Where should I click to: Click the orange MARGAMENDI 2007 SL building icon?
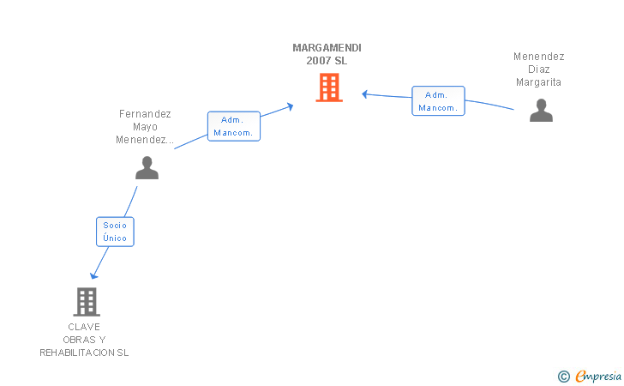329,87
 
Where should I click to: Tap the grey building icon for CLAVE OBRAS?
86,302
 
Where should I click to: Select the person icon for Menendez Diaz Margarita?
541,111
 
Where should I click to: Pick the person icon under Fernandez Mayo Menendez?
147,168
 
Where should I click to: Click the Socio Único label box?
115,231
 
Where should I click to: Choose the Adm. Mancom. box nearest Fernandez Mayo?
233,126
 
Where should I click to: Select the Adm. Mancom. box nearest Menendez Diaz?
438,101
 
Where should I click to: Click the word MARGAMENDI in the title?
327,48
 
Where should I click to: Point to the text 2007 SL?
327,61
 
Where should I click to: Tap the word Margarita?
538,82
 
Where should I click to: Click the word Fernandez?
145,113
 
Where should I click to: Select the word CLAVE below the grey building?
84,327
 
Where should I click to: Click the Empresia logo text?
599,376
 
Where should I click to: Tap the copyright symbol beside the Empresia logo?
563,376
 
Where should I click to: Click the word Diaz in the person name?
539,69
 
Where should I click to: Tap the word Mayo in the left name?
145,126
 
